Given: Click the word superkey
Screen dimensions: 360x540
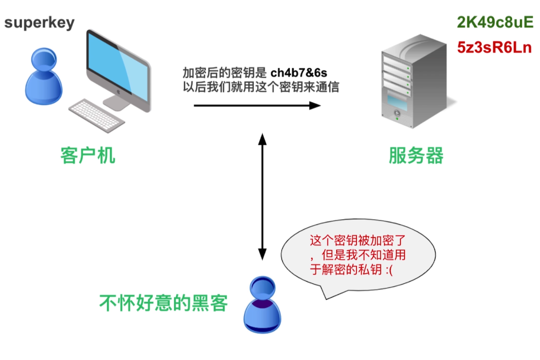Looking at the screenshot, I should point(39,23).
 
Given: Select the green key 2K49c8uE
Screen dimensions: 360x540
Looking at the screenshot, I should point(495,23).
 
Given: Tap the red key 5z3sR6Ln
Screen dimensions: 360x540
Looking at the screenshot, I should point(494,47).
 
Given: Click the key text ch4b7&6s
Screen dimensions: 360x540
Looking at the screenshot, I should point(299,73).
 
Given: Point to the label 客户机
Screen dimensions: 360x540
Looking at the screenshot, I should point(88,155).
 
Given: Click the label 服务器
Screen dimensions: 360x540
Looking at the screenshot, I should point(416,155).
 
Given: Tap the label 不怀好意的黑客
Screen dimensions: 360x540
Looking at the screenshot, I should point(164,303).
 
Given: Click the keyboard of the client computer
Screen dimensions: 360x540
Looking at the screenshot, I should point(97,115).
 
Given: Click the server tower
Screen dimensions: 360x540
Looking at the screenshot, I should point(414,82).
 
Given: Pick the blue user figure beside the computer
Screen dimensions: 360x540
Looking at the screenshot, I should point(43,77).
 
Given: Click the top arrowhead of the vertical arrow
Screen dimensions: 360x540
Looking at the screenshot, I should point(262,139).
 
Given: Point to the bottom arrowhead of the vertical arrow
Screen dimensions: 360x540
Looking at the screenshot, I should point(262,254).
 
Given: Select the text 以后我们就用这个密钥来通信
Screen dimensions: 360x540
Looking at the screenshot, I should point(260,87).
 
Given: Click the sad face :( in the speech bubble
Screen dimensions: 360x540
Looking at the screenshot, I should point(389,270).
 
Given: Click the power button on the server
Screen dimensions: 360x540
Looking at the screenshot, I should point(397,113).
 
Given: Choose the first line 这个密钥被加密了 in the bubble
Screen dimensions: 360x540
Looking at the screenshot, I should point(357,241).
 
